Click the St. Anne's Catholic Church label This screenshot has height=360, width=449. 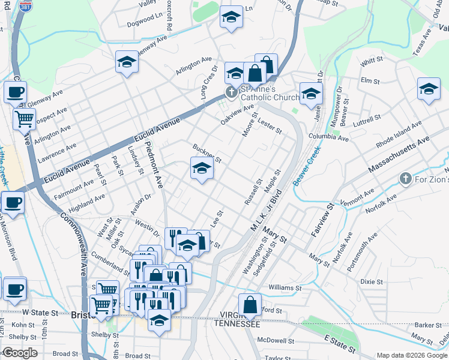[x=270, y=93]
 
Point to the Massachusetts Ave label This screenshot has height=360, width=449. [x=399, y=155]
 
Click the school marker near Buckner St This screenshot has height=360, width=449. [x=202, y=169]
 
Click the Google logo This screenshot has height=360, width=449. [x=19, y=353]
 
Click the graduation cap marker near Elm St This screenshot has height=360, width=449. [x=428, y=90]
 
